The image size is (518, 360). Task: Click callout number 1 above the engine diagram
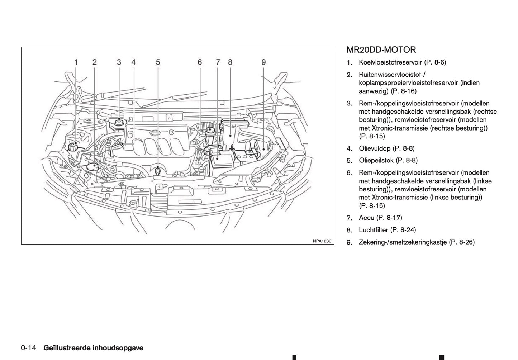[76, 62]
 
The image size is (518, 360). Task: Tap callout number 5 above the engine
[158, 62]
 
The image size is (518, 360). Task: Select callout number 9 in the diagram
[263, 62]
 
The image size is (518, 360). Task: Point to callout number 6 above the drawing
[200, 62]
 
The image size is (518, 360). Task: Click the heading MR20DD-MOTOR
[381, 50]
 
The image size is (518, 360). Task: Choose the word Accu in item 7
[366, 218]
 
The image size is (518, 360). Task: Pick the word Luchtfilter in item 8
[374, 230]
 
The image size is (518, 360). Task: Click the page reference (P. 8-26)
[462, 242]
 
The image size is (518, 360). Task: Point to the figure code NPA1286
[322, 241]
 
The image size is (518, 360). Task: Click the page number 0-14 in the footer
[29, 348]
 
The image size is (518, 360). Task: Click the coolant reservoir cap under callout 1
[73, 147]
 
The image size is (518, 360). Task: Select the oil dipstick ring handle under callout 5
[158, 171]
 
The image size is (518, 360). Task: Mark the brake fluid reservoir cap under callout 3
[119, 122]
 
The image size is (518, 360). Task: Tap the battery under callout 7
[222, 159]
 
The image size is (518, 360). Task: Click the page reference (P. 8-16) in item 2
[404, 91]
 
